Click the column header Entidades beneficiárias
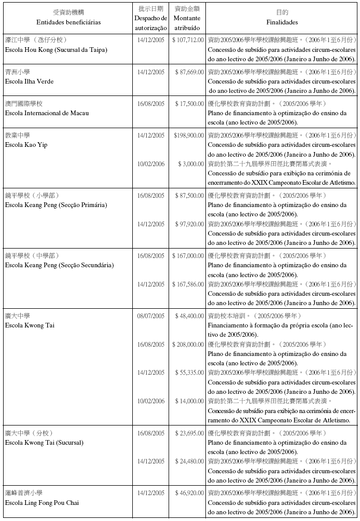(68, 23)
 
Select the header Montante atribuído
(187, 22)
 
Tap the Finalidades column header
(282, 23)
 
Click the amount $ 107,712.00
(187, 40)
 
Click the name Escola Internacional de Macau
(46, 113)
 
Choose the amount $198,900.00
(188, 135)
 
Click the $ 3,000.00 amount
(191, 164)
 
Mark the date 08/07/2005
(151, 316)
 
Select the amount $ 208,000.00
(187, 345)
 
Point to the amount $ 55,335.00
(189, 373)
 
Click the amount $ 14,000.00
(189, 401)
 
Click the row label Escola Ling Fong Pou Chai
(42, 503)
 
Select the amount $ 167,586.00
(187, 284)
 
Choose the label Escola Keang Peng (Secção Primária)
(56, 205)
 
